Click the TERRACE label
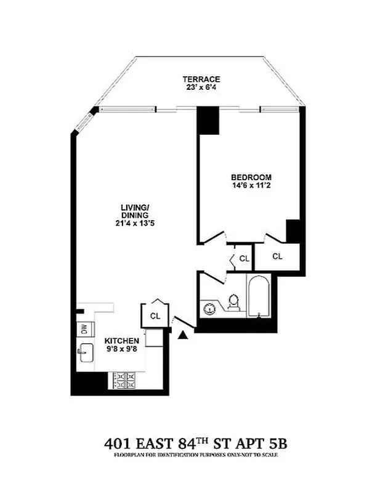(201, 79)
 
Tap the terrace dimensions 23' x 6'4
(201, 88)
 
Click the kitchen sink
(86, 353)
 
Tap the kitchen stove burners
(125, 379)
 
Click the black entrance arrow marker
(183, 335)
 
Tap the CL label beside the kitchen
(155, 316)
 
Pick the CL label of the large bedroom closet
(277, 256)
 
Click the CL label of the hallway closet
(244, 259)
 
